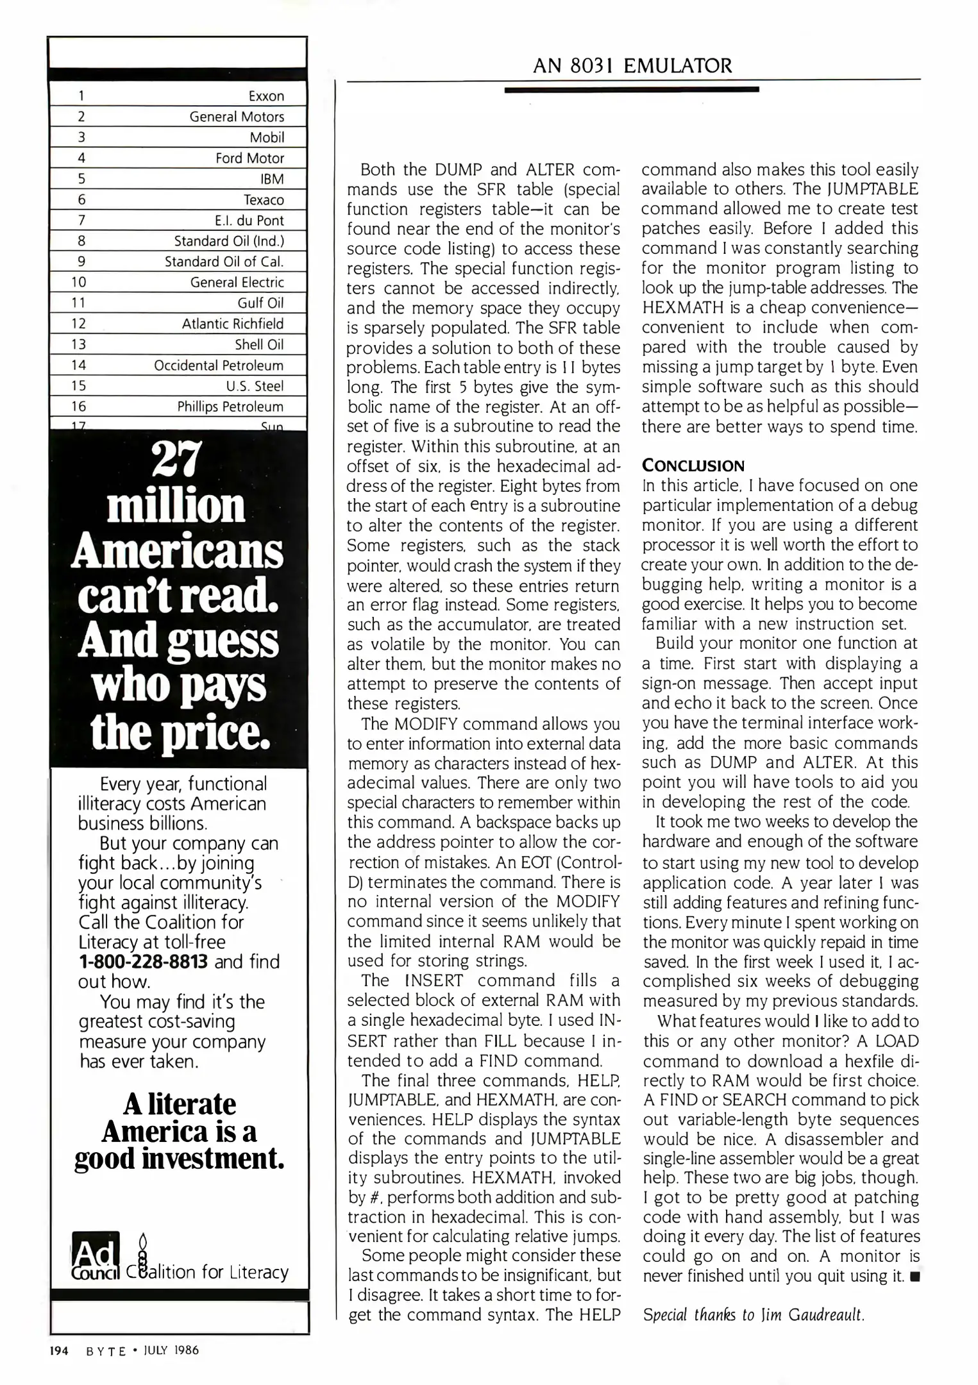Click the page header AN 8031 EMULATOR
click(632, 65)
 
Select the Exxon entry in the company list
click(266, 96)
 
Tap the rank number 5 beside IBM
click(81, 179)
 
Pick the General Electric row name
click(237, 282)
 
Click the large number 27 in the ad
click(177, 459)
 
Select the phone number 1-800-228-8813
click(143, 962)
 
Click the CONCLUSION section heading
click(693, 466)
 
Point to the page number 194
click(60, 1350)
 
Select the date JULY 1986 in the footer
click(171, 1350)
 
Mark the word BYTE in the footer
click(106, 1350)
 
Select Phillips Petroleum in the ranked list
click(230, 407)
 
